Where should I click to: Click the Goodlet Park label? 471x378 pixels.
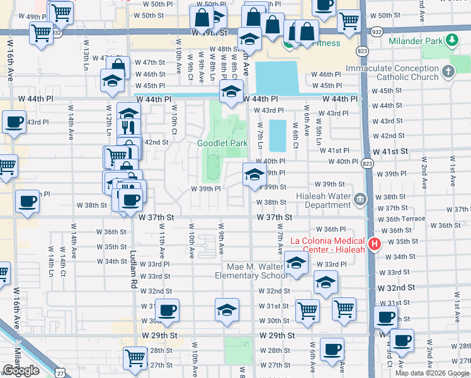(222, 143)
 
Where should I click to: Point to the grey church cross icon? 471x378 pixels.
(448, 71)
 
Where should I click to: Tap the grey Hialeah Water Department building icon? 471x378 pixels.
(360, 200)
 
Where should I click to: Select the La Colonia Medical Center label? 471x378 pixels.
(327, 244)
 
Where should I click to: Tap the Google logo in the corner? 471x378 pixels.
(21, 370)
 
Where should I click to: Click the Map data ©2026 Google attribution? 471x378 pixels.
(433, 373)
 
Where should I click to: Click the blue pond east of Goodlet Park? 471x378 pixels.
(276, 134)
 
